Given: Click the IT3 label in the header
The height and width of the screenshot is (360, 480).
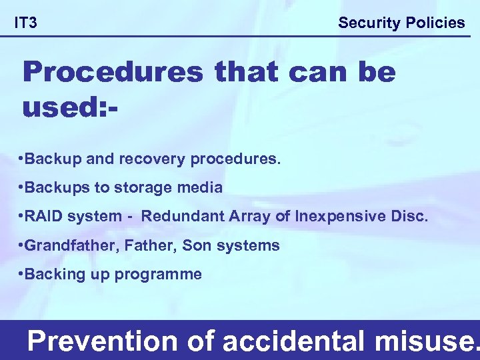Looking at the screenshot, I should [26, 23].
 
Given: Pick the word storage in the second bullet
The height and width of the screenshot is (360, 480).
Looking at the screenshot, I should [144, 188].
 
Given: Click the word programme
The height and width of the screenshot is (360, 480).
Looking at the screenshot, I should [159, 274].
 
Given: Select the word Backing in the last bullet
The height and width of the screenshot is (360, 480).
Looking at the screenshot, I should [54, 274].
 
